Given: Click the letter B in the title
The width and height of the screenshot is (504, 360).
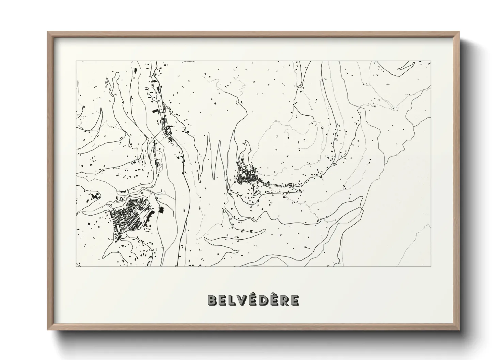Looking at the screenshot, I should (x=212, y=300).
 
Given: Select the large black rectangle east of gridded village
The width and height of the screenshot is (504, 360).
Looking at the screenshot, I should (x=161, y=210).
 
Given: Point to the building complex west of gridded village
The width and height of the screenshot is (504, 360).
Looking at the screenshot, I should (x=94, y=197).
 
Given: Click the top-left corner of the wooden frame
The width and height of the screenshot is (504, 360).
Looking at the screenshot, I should (x=48, y=32).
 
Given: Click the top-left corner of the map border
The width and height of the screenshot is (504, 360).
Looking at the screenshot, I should (x=76, y=61).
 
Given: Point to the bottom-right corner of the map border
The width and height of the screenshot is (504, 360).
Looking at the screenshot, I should (x=431, y=266).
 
